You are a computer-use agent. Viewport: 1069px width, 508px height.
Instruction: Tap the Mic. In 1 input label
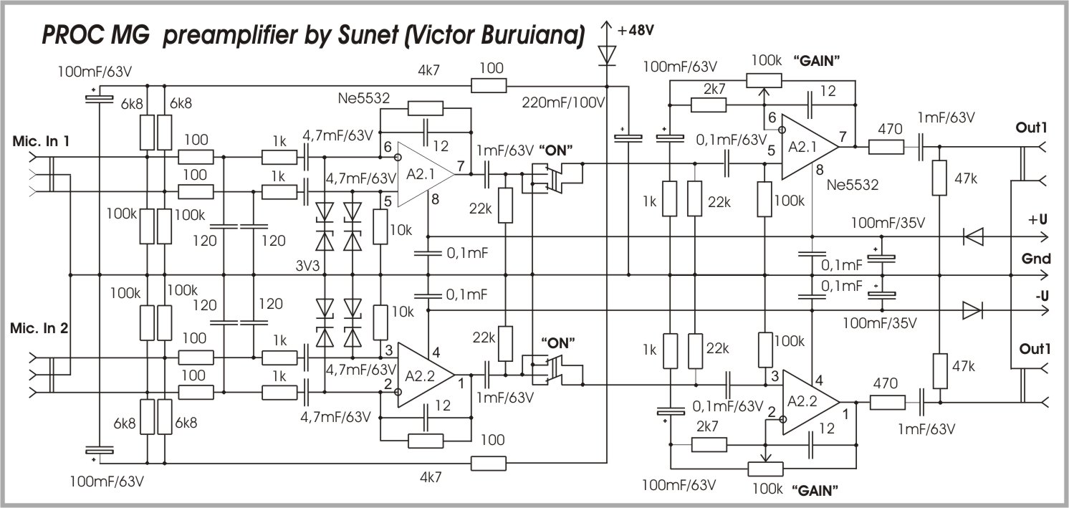pyautogui.click(x=41, y=140)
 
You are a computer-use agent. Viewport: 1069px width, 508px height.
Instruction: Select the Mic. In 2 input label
pyautogui.click(x=41, y=329)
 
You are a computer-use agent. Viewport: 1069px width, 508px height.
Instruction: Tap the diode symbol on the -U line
pyautogui.click(x=972, y=310)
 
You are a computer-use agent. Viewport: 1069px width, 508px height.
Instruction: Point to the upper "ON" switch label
pyautogui.click(x=562, y=151)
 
